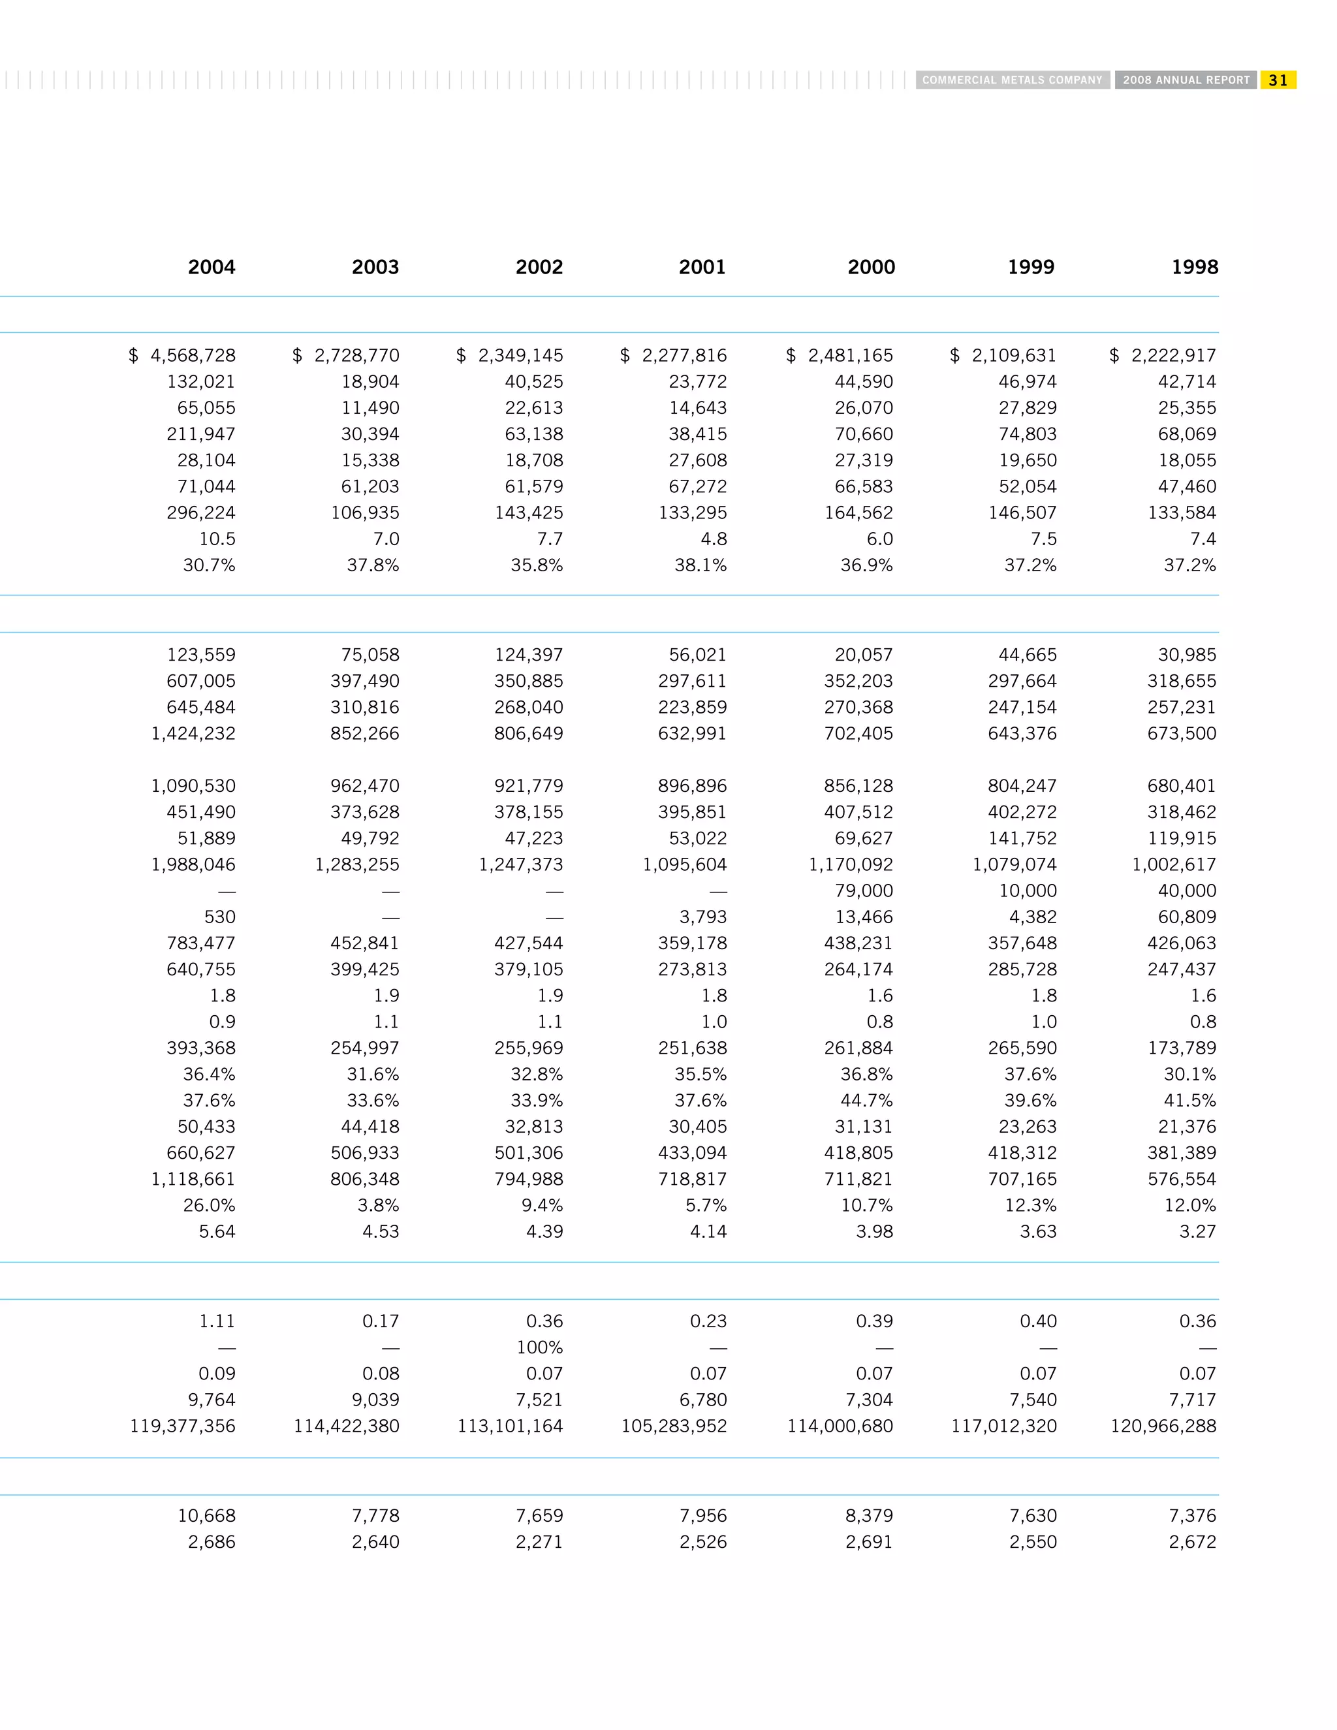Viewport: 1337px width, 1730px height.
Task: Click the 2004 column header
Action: pyautogui.click(x=212, y=268)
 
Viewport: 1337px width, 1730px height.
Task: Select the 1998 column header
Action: pyautogui.click(x=1195, y=268)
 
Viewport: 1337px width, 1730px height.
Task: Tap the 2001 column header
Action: pyautogui.click(x=702, y=268)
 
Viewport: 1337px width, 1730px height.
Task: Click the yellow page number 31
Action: pyautogui.click(x=1278, y=80)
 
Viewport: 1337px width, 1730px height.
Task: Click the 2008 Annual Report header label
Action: pyautogui.click(x=1186, y=80)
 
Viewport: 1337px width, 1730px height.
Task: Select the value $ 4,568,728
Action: pyautogui.click(x=182, y=356)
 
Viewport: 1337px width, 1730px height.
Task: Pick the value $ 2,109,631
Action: pyautogui.click(x=1003, y=356)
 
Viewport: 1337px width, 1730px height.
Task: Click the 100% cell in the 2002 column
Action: pyautogui.click(x=539, y=1347)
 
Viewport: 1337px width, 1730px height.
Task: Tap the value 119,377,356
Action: pyautogui.click(x=183, y=1426)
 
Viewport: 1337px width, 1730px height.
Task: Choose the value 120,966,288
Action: pyautogui.click(x=1163, y=1426)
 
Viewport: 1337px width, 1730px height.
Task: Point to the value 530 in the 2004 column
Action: pyautogui.click(x=219, y=917)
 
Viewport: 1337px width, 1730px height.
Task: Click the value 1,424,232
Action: pyautogui.click(x=193, y=734)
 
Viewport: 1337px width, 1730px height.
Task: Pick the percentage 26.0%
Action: pyautogui.click(x=209, y=1205)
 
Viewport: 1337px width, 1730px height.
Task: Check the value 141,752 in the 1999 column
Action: pyautogui.click(x=1022, y=838)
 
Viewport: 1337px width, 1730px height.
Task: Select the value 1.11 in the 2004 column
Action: pyautogui.click(x=217, y=1321)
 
